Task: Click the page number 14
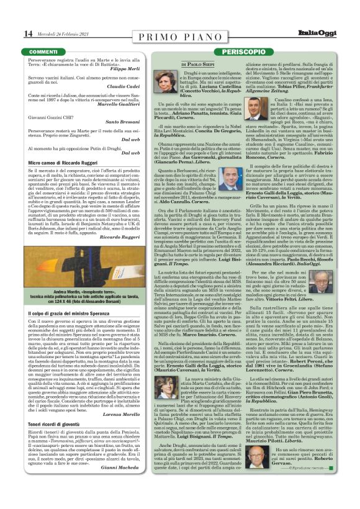tap(11, 33)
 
